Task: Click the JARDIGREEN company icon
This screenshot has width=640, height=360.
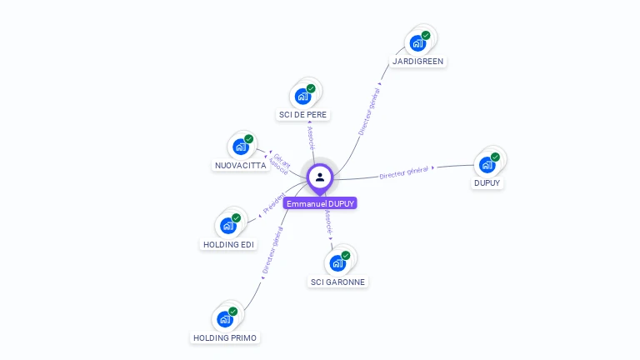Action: (x=417, y=42)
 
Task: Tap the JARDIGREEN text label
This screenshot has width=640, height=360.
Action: (x=418, y=62)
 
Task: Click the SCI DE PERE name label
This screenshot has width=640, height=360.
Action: (x=303, y=115)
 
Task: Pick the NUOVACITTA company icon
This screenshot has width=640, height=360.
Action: (x=241, y=147)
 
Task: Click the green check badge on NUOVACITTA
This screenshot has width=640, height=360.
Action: (x=249, y=139)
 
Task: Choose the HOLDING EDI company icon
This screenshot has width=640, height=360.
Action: (x=227, y=226)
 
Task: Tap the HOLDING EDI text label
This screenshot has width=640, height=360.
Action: (x=229, y=245)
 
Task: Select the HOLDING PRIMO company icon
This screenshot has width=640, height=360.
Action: (x=224, y=319)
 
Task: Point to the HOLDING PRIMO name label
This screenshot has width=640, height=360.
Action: (x=225, y=338)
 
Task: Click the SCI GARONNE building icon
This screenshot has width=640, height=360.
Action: (x=337, y=263)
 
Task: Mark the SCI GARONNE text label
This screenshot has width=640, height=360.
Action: (x=338, y=282)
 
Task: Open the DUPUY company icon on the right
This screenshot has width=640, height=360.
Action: (x=487, y=165)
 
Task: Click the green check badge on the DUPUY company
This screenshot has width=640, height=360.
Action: (x=495, y=157)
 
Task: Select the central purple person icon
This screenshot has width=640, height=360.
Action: (x=320, y=177)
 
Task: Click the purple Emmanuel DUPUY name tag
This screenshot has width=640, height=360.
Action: (x=320, y=203)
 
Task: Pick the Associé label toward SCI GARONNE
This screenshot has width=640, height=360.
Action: (x=328, y=222)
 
